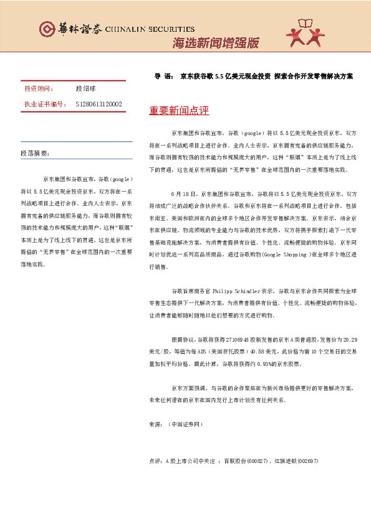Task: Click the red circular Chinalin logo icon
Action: pos(47,29)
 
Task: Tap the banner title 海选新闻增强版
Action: pos(214,43)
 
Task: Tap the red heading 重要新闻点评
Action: pos(179,111)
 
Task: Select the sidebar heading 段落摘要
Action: pos(35,152)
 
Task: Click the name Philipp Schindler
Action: pos(239,291)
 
